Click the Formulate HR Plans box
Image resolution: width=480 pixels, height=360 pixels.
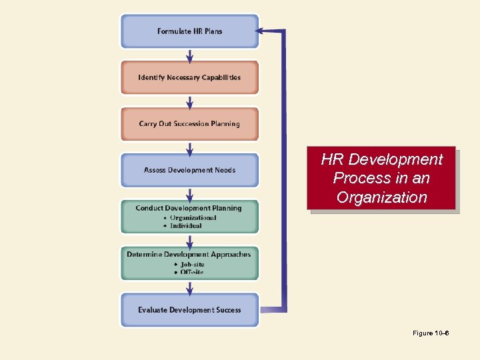click(189, 31)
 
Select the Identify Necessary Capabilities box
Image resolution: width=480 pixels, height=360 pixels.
click(189, 77)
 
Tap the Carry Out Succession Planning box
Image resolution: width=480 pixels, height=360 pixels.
click(189, 124)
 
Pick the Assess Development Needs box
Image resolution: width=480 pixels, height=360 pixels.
click(189, 170)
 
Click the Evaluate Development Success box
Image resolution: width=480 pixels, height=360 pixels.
click(189, 310)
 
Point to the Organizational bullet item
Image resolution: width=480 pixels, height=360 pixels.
click(193, 217)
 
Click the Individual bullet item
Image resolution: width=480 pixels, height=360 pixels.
click(186, 225)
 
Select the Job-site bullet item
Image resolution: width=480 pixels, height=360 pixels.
click(192, 264)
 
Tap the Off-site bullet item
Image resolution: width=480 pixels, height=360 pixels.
click(191, 272)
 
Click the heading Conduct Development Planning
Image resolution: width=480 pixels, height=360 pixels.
click(189, 208)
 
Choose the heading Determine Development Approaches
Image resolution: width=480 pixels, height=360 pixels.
click(189, 254)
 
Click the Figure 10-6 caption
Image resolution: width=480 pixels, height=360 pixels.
click(431, 333)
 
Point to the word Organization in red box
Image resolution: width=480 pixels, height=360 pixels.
click(381, 197)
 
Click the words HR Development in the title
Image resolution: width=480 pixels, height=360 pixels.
click(381, 160)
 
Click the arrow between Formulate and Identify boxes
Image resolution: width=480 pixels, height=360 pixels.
click(190, 55)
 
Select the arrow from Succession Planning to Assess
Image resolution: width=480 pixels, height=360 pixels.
click(190, 147)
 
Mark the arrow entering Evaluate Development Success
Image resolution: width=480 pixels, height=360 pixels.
click(190, 287)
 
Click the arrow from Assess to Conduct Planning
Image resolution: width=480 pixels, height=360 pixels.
click(190, 194)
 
